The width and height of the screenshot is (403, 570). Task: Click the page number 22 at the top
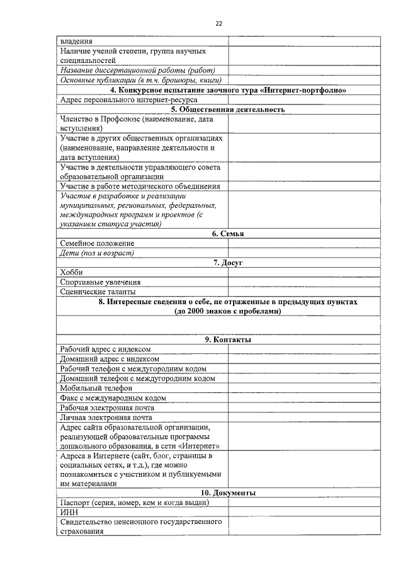tap(219, 23)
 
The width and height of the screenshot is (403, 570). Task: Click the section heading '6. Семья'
tap(219, 234)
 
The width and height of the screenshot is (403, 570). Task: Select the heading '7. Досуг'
tap(219, 263)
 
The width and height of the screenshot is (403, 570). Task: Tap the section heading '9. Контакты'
tap(219, 339)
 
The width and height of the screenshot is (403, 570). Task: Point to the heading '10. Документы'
tap(219, 493)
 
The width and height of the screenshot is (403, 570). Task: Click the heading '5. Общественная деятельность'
tap(219, 109)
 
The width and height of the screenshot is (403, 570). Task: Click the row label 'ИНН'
tap(69, 513)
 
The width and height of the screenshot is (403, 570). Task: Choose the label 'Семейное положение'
tap(98, 243)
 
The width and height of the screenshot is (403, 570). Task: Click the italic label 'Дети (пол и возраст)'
tap(98, 253)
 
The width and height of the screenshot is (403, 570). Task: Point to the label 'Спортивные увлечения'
tap(100, 282)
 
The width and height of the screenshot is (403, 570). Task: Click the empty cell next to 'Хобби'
tap(304, 272)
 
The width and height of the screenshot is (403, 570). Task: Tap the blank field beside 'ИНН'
tap(304, 513)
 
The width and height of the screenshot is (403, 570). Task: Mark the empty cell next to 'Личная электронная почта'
tap(304, 417)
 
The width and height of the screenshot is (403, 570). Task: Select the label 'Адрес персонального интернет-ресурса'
tap(129, 100)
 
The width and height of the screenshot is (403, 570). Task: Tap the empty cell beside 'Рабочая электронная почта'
tap(304, 408)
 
